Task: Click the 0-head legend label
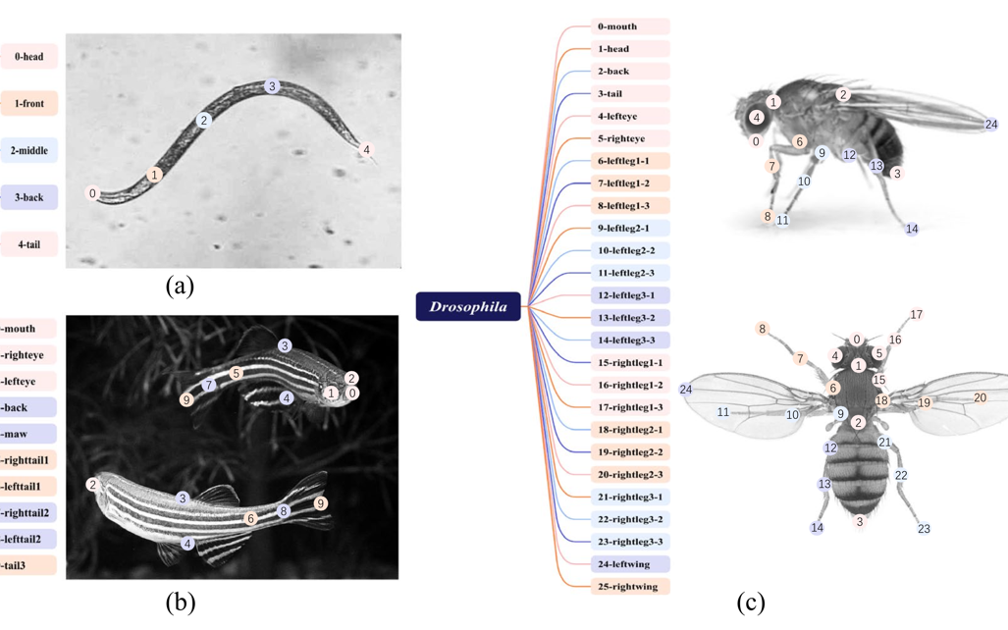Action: pos(28,57)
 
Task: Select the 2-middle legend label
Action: pos(28,151)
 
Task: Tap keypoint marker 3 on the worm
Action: pos(272,86)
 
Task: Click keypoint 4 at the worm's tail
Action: pos(367,150)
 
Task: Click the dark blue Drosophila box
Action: pos(468,307)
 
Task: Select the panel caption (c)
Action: pos(753,603)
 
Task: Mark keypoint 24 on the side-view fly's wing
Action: pos(991,125)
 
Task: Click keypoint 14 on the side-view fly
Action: pos(912,229)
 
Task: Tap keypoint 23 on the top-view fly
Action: pos(924,529)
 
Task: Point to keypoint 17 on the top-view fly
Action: pos(917,315)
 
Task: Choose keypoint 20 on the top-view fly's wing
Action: pos(980,397)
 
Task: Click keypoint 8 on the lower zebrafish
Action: pos(284,511)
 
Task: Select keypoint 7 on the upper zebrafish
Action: pos(209,386)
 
